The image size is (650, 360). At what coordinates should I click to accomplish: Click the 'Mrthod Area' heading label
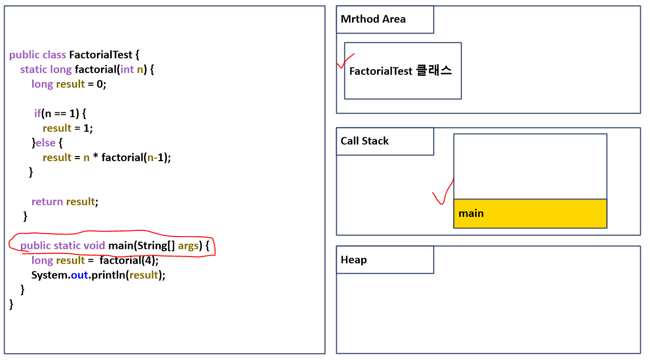point(373,19)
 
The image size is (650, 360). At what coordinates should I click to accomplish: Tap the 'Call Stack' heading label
point(364,141)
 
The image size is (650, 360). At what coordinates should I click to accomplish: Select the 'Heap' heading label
point(354,260)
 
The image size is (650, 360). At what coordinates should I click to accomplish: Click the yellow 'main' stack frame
point(530,214)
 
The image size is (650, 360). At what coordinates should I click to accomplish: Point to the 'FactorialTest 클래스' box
point(403,71)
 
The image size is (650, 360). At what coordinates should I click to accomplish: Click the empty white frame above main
point(530,166)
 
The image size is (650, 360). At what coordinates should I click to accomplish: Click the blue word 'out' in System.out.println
point(79,275)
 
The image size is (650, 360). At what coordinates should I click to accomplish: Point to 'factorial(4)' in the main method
point(129,261)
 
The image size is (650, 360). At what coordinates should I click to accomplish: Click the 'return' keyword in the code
point(47,202)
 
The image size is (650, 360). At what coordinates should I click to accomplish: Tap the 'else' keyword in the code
point(45,143)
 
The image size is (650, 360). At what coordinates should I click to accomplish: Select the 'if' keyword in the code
point(37,113)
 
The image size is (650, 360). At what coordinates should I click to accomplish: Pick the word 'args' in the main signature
point(188,246)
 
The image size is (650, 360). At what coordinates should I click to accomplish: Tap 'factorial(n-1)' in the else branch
point(136,158)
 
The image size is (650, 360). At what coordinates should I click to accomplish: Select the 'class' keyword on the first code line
point(54,55)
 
